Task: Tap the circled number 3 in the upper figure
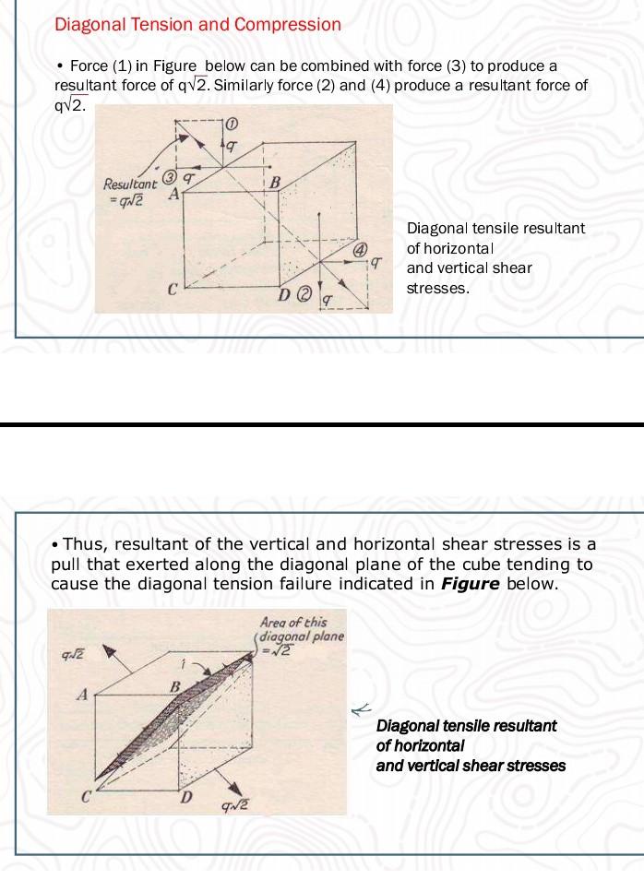click(170, 177)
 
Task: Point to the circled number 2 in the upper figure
click(304, 294)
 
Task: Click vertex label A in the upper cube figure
click(172, 195)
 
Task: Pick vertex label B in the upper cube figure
click(273, 183)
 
